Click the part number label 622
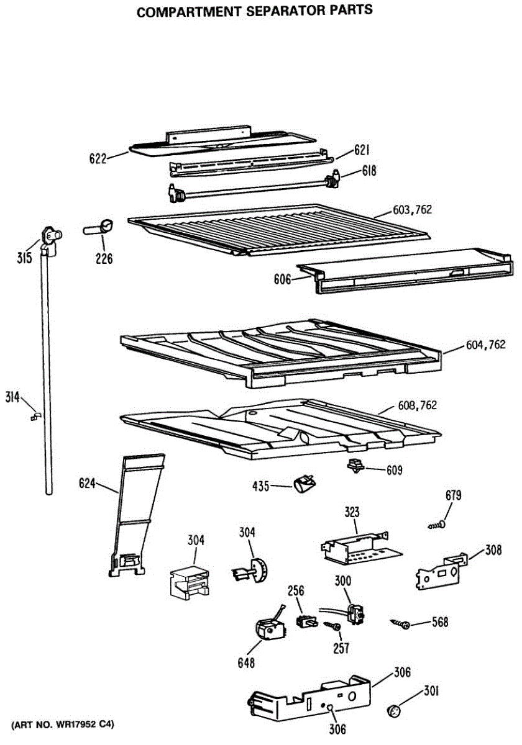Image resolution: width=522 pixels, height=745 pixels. point(98,159)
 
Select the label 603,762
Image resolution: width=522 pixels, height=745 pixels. point(412,210)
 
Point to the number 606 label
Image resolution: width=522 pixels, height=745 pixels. point(282,280)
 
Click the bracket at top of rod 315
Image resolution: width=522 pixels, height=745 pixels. point(48,239)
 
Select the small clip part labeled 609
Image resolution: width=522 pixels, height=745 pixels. point(355,466)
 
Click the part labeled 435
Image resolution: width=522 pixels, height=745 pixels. point(304,482)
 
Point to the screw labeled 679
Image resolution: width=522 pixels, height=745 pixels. point(437,525)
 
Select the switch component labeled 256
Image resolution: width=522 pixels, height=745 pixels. point(306,620)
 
